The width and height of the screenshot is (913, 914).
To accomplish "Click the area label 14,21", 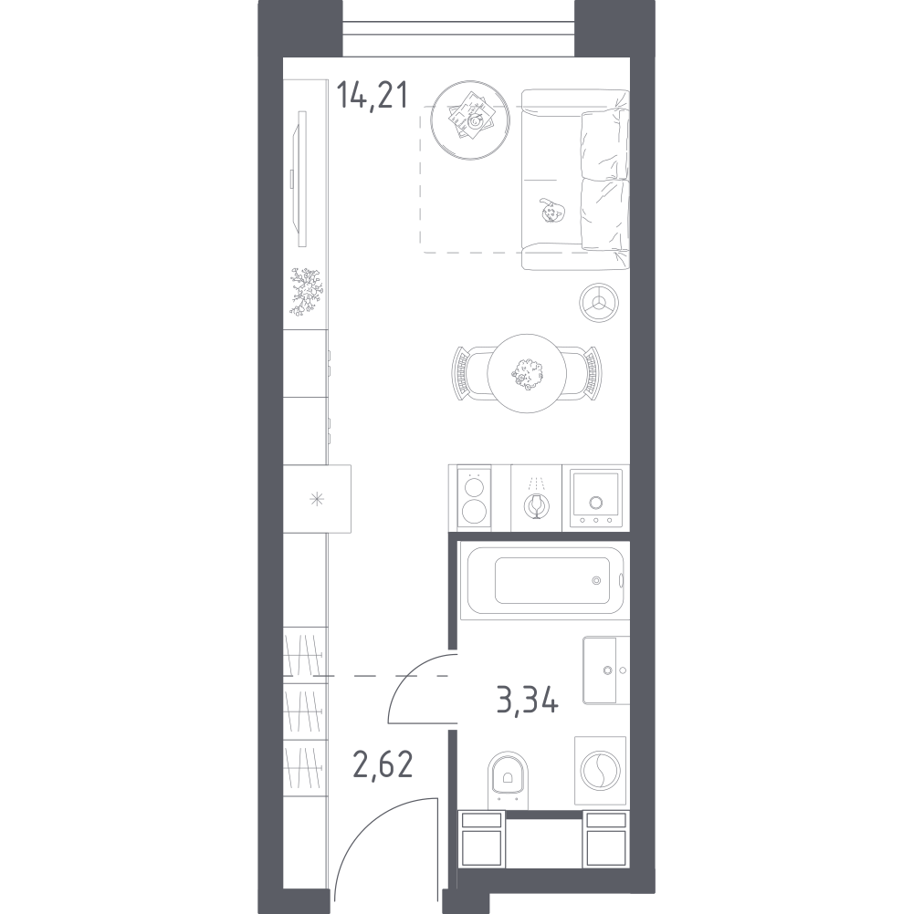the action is [x=373, y=96].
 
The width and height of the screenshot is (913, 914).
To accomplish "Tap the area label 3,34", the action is [x=528, y=700].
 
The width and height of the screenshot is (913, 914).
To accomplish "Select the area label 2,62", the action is [x=383, y=764].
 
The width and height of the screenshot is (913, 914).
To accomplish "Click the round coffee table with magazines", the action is [x=470, y=120].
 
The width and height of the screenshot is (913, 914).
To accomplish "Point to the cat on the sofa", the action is [x=551, y=211].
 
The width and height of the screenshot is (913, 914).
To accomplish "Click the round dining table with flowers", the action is [x=527, y=374].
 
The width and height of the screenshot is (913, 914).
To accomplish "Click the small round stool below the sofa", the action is [x=599, y=303].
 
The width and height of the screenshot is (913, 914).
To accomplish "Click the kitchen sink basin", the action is [x=595, y=497].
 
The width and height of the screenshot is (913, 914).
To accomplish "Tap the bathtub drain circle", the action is [x=596, y=580].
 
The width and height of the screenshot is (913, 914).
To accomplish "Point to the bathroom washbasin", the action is [x=605, y=670].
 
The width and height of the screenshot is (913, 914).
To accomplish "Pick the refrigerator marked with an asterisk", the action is [x=317, y=499].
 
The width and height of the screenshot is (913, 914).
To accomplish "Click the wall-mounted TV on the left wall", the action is [x=299, y=179].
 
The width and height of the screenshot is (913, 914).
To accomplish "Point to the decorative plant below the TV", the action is [x=306, y=292].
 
